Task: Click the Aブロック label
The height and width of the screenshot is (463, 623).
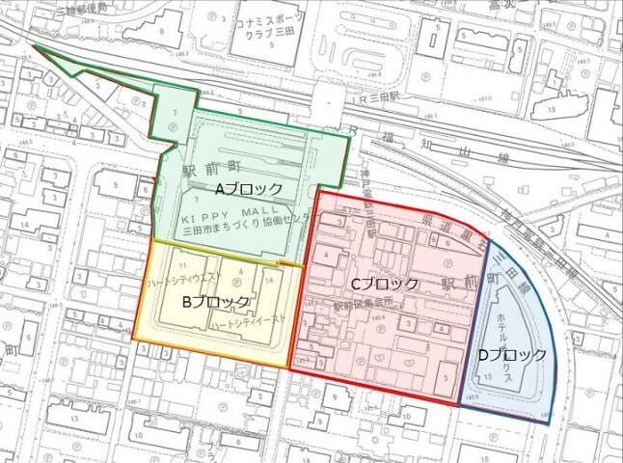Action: coord(248,187)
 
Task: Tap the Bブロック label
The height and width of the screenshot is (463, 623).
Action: coord(216,302)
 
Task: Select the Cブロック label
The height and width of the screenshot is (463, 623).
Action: coord(385,285)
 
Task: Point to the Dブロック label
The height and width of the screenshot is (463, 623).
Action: coord(512,354)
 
